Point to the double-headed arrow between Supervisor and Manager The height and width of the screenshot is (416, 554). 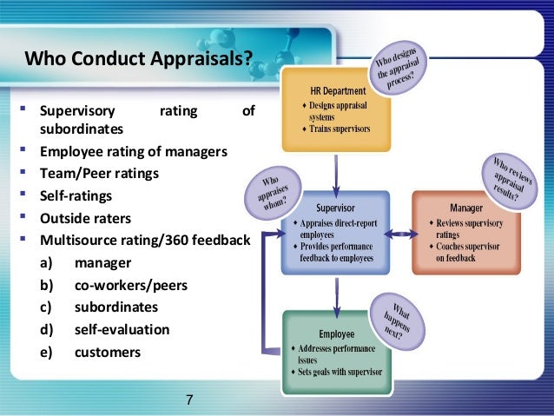[x=400, y=234]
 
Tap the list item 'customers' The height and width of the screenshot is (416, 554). [x=109, y=352]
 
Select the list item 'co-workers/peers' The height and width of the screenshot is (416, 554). [x=131, y=284]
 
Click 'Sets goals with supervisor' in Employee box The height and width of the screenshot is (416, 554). [x=341, y=373]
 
